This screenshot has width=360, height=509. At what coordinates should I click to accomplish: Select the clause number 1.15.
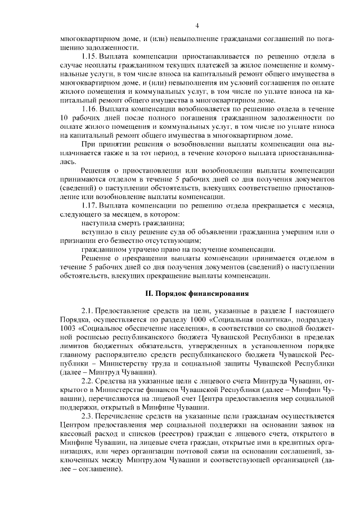91,57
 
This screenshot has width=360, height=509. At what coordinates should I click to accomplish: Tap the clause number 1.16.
91,109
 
